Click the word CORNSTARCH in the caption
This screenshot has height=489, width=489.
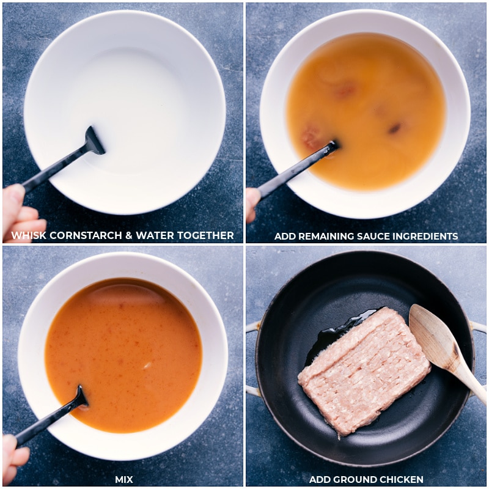coord(86,235)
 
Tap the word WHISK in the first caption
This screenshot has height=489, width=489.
coord(29,235)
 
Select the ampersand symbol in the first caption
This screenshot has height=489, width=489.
coord(129,235)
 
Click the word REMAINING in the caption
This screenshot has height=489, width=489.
coord(325,237)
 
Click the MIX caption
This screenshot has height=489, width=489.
coord(124,479)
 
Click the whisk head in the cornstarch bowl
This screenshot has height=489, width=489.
coord(94,141)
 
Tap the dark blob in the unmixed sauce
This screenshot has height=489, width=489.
coord(394,128)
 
